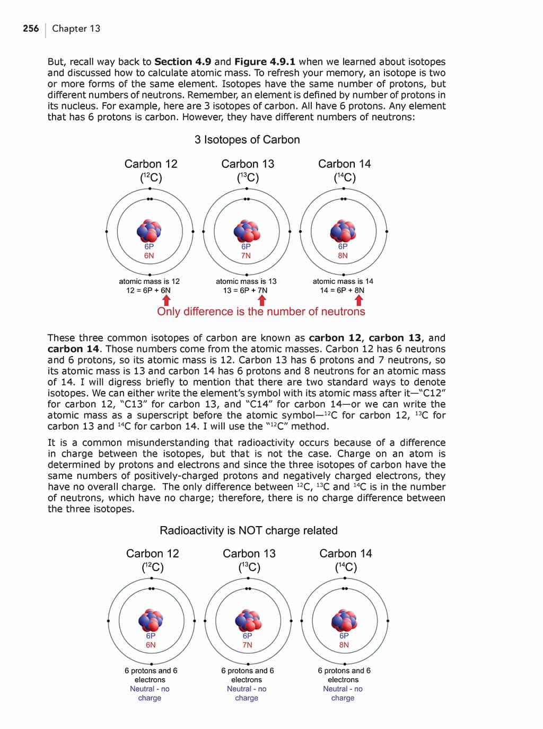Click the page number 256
(31, 29)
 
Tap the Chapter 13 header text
(76, 29)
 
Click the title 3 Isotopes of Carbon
(247, 140)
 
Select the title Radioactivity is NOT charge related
(248, 530)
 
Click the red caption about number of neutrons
(261, 312)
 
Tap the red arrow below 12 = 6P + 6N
(165, 300)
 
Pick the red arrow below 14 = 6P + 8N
(359, 300)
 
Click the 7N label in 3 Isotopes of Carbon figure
(246, 255)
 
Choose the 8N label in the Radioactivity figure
(344, 645)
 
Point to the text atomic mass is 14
(343, 281)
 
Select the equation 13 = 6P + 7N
(245, 290)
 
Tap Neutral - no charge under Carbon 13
(247, 694)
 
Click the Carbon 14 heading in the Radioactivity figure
(346, 554)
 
